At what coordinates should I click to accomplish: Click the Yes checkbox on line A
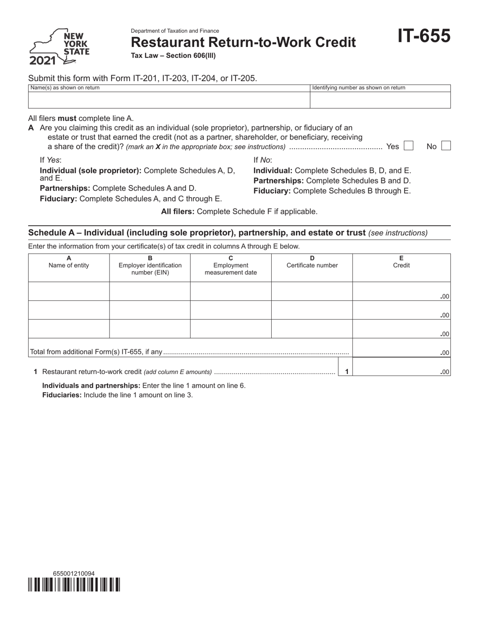click(x=408, y=146)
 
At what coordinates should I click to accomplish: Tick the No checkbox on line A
click(x=446, y=146)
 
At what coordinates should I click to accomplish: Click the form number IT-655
click(x=424, y=36)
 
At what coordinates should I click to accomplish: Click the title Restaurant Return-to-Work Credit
click(x=243, y=42)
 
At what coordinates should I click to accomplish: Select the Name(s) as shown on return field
click(x=169, y=100)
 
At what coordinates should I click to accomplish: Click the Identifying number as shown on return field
click(x=380, y=100)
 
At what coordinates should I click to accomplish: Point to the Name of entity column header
click(x=69, y=262)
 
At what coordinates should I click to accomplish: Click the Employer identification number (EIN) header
click(x=150, y=266)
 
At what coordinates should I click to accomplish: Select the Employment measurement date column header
click(x=230, y=266)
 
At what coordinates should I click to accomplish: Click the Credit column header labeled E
click(x=401, y=262)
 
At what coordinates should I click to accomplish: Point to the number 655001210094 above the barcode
click(x=73, y=574)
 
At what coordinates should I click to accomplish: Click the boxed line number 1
click(x=346, y=372)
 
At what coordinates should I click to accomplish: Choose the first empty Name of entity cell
click(x=69, y=291)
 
